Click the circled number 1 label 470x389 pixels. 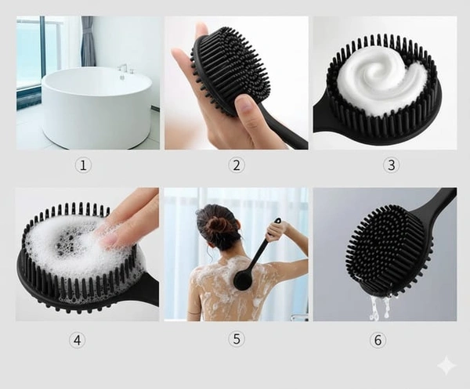tap(83, 165)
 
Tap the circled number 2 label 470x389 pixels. tap(237, 165)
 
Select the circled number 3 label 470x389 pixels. tap(392, 164)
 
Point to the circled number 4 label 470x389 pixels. tap(77, 340)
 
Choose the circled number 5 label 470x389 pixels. tap(237, 339)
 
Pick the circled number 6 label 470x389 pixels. tap(378, 340)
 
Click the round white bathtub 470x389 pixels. tap(96, 106)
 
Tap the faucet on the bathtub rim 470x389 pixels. tap(123, 71)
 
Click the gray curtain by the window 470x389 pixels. tap(87, 41)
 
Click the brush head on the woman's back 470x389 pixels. tap(244, 280)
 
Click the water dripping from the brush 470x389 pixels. tap(380, 306)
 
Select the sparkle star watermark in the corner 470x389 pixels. tap(446, 365)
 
